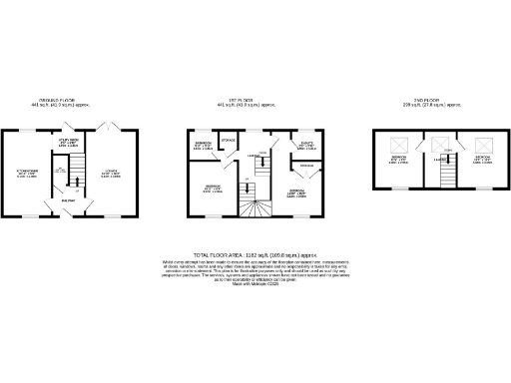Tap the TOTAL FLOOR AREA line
pos(254,254)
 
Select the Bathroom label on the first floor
pos(202,147)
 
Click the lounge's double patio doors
pos(110,128)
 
